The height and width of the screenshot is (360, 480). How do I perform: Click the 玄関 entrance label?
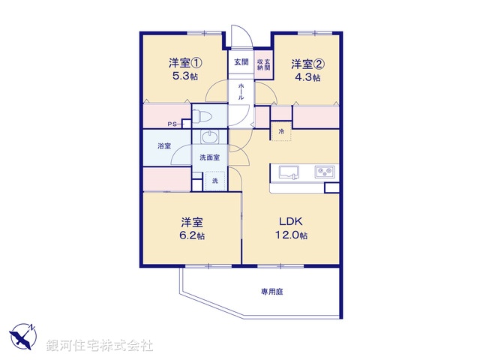point(240,62)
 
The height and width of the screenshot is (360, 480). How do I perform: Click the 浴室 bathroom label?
point(163,146)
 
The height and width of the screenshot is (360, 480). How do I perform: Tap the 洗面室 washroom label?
point(209,157)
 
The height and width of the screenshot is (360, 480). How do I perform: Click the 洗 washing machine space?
point(214,181)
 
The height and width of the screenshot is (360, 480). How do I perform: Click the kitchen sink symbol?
point(289,172)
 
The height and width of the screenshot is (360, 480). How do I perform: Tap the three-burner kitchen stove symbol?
point(326,172)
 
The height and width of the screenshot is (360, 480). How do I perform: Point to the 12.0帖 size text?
point(292,235)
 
